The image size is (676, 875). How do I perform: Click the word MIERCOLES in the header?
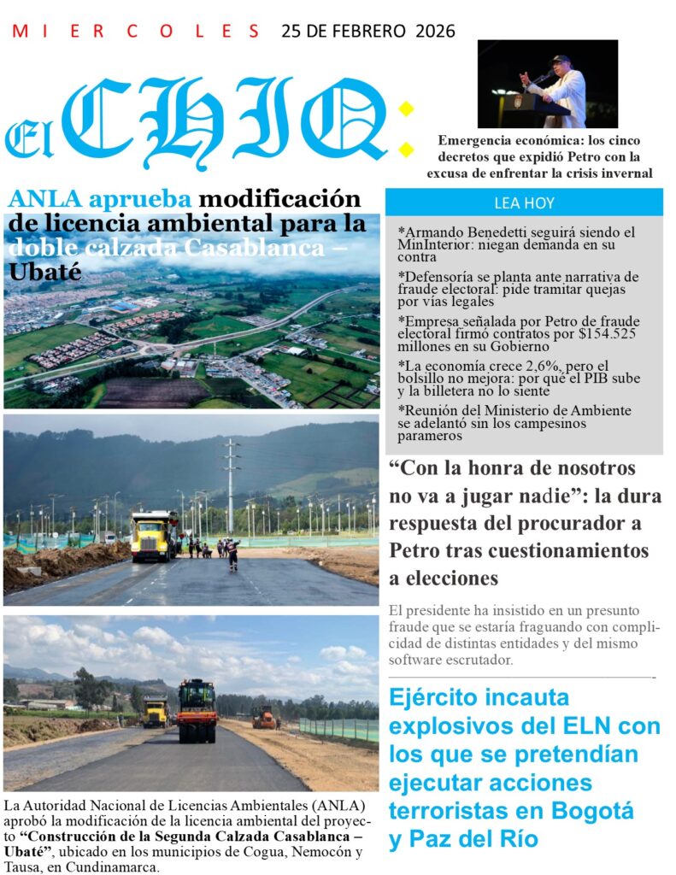pos(137,32)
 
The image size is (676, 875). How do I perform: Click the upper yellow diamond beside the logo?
pos(406,109)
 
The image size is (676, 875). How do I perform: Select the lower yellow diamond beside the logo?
pos(406,150)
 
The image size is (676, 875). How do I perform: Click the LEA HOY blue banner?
pos(524,203)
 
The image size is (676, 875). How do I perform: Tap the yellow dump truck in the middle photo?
pos(154,536)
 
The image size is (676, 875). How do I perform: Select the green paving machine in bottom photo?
pos(197,709)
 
